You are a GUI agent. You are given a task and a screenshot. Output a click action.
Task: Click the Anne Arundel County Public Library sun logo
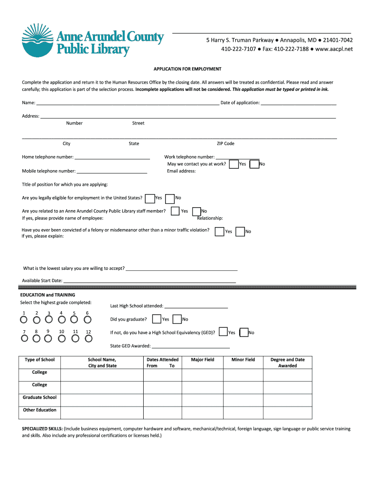(x=38, y=40)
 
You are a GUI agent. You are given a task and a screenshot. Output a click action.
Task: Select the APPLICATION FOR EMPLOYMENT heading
(x=187, y=69)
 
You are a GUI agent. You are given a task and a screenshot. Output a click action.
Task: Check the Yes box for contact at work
(x=234, y=164)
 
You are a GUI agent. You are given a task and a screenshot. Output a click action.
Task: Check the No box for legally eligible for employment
(x=170, y=198)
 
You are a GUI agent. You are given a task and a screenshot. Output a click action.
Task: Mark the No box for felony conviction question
(x=240, y=232)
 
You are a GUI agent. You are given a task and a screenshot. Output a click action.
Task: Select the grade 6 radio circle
(x=88, y=320)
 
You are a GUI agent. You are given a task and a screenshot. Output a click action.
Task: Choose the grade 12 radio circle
(x=88, y=339)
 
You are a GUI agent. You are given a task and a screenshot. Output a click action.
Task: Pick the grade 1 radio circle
(x=23, y=320)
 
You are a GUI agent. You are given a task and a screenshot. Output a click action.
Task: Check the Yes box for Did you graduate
(x=156, y=320)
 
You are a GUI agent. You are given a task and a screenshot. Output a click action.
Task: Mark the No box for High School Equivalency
(x=244, y=333)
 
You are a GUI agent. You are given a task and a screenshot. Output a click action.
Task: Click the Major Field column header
(x=203, y=360)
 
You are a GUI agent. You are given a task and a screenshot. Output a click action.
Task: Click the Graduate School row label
(x=39, y=397)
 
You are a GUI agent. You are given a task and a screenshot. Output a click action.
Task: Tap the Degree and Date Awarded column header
(x=287, y=363)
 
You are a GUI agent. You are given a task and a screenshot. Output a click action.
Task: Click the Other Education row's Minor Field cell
(x=243, y=412)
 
